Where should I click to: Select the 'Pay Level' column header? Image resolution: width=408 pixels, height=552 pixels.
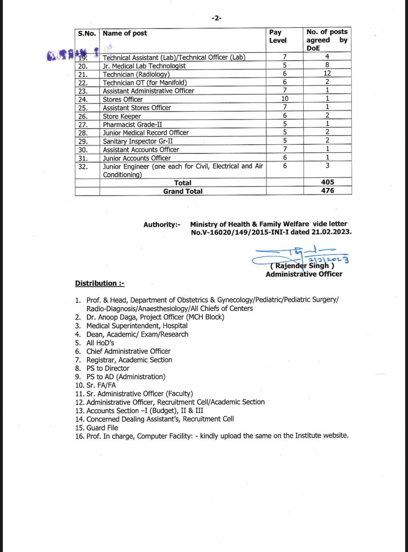pos(277,36)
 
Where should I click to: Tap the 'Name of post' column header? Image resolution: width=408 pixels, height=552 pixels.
pos(125,33)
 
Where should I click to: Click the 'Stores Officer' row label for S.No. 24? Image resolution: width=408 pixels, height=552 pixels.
pos(123,99)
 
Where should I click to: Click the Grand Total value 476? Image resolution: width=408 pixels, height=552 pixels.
pos(327,191)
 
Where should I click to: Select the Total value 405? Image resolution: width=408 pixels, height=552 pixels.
pos(327,183)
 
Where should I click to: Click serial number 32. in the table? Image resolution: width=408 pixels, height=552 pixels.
pos(83,166)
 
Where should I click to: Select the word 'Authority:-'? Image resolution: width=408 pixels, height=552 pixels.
pos(162,224)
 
